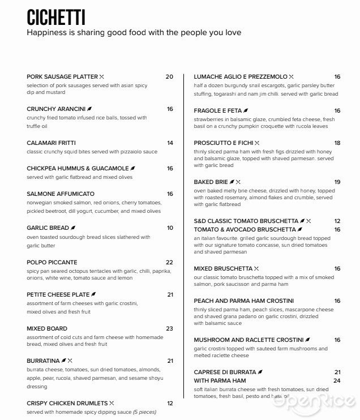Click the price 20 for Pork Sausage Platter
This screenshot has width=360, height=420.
[169, 76]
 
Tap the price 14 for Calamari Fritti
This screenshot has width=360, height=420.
[170, 143]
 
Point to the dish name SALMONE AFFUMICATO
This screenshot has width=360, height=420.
[61, 194]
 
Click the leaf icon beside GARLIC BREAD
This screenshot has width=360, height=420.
[73, 228]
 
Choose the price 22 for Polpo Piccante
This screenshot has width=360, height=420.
[169, 262]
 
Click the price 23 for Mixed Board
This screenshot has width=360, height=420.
[169, 328]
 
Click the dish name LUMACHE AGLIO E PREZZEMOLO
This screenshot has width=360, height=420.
[241, 76]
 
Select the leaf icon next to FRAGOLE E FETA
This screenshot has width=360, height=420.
[246, 110]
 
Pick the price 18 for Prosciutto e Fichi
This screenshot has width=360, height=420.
[337, 143]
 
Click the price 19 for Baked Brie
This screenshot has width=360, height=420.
[337, 182]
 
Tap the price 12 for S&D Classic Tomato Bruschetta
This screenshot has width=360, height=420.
[337, 221]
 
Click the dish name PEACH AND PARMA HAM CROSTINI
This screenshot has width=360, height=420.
[244, 301]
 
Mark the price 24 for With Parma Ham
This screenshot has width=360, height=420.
[337, 381]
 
